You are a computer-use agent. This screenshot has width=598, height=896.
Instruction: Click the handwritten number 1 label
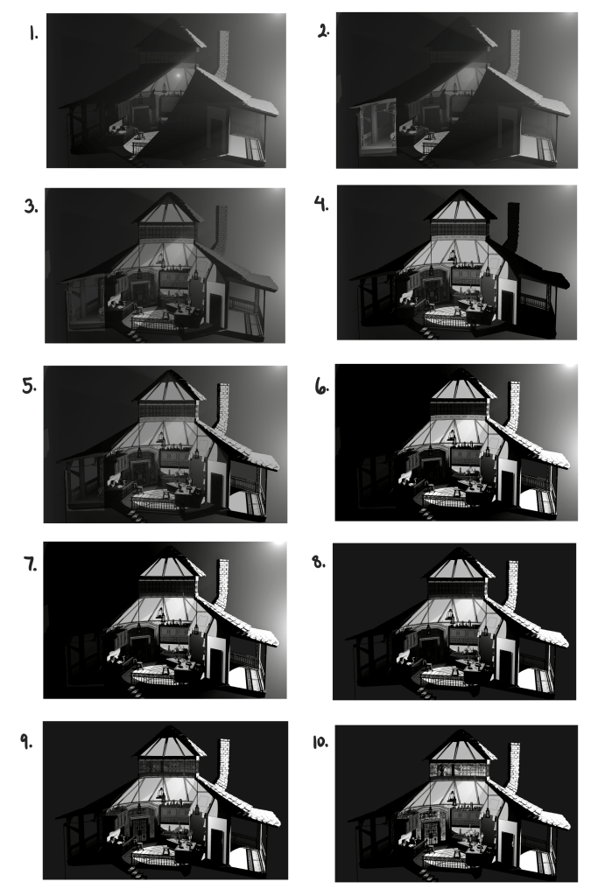(33, 34)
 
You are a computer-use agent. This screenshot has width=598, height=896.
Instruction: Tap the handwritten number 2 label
(323, 32)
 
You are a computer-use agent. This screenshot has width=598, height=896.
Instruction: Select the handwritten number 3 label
(32, 206)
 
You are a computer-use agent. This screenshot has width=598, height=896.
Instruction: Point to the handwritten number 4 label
(321, 203)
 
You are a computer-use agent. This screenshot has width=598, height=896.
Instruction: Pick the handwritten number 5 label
(29, 386)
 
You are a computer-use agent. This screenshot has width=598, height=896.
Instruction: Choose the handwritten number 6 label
(322, 388)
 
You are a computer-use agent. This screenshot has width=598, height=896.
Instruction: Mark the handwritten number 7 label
(31, 564)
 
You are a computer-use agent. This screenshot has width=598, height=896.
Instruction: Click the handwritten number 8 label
(319, 562)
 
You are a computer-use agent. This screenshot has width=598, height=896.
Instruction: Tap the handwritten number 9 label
(26, 742)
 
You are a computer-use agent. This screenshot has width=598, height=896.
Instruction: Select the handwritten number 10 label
(320, 742)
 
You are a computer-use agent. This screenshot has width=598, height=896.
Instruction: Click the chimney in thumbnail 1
(222, 55)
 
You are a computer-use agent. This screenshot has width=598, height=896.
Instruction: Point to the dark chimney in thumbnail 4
(511, 227)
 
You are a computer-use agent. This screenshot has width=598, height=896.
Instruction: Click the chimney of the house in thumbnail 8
(511, 585)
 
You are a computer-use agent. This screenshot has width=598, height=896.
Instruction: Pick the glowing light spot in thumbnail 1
(178, 74)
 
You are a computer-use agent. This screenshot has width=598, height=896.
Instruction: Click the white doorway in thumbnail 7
(216, 657)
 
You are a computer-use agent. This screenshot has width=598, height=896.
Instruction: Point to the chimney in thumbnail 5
(222, 408)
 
